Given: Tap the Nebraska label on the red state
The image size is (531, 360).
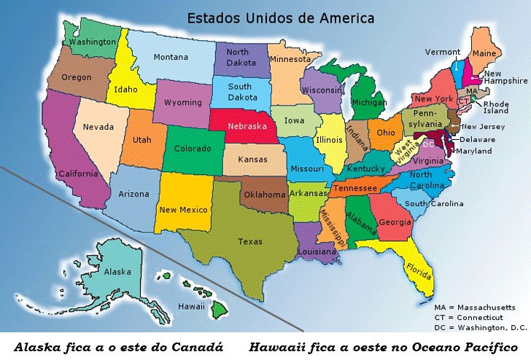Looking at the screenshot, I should (247, 125).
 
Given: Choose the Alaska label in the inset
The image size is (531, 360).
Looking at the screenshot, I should (117, 272).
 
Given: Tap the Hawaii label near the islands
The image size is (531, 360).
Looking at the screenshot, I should (191, 307).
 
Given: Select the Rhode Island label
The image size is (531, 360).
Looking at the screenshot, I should (496, 107).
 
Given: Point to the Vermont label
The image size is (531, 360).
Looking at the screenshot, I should (443, 52).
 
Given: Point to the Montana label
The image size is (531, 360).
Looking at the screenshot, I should (171, 58).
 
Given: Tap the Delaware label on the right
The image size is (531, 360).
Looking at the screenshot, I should (477, 138).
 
